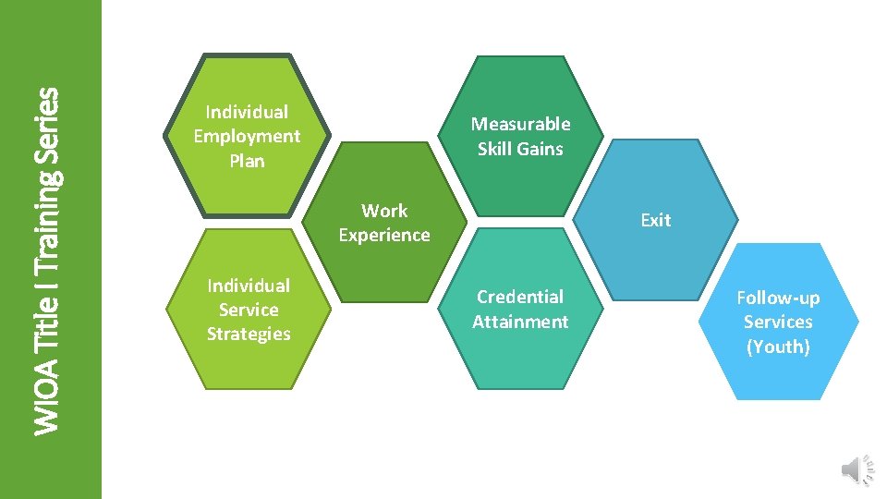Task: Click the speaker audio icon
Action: tap(856, 469)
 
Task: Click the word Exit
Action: tap(655, 220)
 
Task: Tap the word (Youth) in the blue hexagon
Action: tap(778, 347)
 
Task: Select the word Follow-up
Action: tap(778, 298)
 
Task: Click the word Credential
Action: tap(520, 297)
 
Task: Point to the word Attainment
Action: tap(520, 322)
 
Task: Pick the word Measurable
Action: tap(520, 124)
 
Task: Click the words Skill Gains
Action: tap(520, 149)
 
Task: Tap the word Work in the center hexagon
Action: tap(384, 211)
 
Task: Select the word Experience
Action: tap(384, 235)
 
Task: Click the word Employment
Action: tap(247, 136)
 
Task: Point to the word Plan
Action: tap(247, 161)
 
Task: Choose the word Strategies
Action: tap(249, 334)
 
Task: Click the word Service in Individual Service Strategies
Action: tap(249, 310)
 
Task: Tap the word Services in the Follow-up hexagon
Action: tap(778, 322)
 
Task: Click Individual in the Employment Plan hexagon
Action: tap(247, 112)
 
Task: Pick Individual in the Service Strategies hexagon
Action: tap(249, 286)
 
